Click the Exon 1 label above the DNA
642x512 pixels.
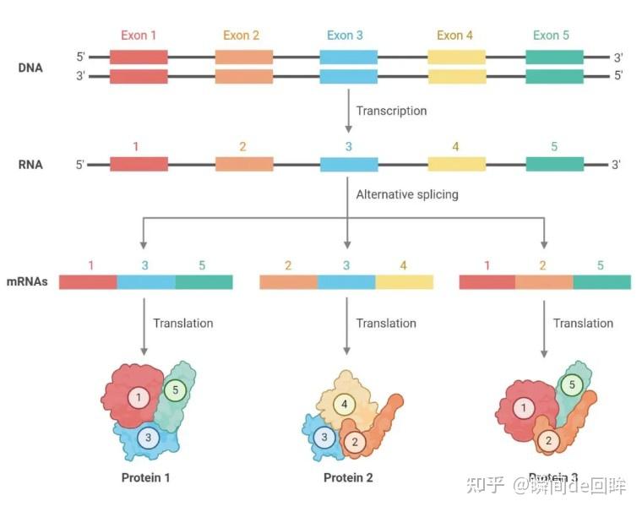pos(139,35)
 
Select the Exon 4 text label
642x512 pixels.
pos(455,35)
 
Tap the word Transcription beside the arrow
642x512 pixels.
pos(391,111)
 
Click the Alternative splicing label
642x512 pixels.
pos(407,194)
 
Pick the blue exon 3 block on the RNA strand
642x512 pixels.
pos(349,165)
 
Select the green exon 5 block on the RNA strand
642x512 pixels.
pos(554,165)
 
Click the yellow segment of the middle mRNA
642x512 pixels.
pos(404,282)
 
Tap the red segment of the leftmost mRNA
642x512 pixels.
pos(88,282)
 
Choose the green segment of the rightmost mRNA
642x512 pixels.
pos(601,282)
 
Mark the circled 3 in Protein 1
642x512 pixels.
pos(149,437)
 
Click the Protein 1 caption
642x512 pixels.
pos(146,478)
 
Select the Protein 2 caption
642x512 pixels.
pos(348,478)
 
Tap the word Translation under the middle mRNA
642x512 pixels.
pos(386,324)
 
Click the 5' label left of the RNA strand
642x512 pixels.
pos(80,165)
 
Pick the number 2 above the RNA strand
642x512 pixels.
pos(242,147)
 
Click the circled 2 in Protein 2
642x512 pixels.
pos(355,441)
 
